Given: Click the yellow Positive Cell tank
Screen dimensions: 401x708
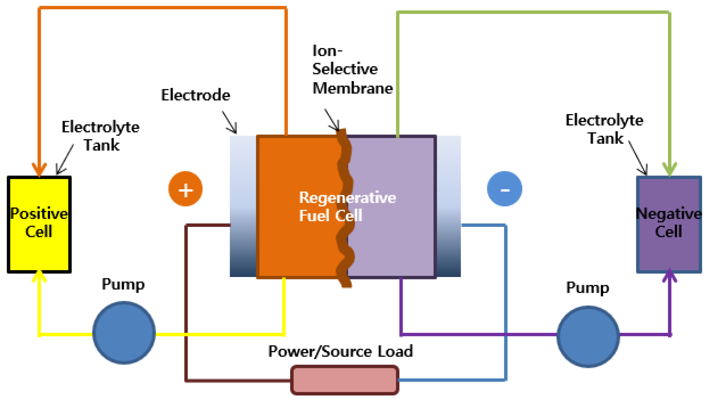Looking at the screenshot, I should click(x=39, y=225).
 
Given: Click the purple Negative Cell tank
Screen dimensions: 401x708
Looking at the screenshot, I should click(x=669, y=225).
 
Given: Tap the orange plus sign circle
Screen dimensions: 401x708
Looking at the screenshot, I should click(x=185, y=189).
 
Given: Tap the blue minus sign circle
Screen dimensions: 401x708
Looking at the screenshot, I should click(x=505, y=189).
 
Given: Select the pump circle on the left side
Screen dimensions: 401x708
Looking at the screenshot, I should click(x=124, y=333).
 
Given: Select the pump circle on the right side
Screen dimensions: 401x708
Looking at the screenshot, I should click(x=588, y=336).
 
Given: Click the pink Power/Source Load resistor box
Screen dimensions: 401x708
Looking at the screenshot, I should click(x=345, y=380).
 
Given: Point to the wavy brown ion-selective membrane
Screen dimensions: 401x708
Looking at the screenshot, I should click(x=345, y=207).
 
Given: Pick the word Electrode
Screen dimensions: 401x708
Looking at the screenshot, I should click(x=195, y=95).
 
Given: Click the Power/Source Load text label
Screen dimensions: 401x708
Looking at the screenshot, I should click(x=340, y=351).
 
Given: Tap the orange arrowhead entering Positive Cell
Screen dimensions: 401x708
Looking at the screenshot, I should click(x=39, y=169).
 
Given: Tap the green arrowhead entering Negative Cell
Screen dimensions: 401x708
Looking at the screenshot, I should click(x=669, y=169).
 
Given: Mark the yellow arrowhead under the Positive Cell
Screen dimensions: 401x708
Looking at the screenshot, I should click(x=39, y=277).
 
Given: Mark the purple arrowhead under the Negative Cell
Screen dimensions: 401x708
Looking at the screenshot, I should click(x=669, y=276).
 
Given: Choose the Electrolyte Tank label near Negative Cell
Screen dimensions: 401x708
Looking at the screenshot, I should click(x=604, y=129).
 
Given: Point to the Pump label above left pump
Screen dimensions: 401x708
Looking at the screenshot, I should click(x=123, y=284).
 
